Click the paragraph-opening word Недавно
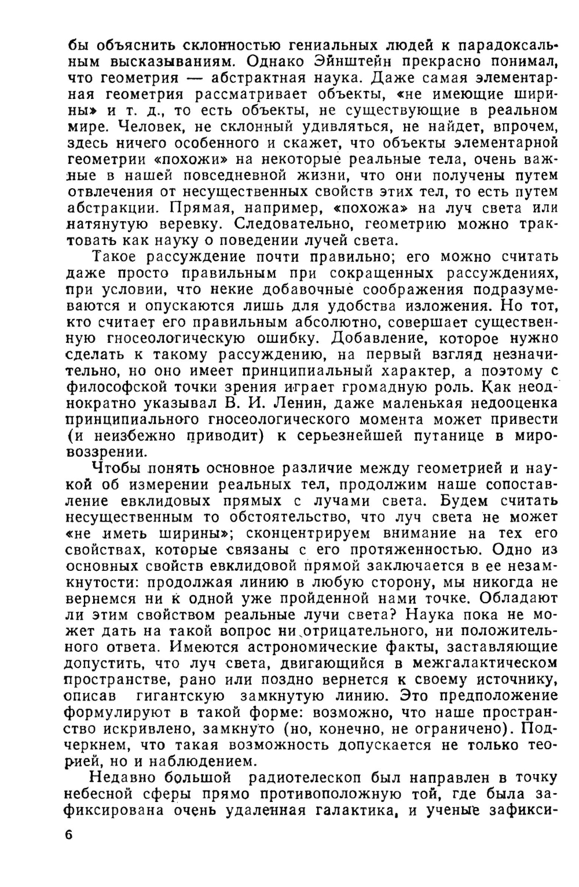tap(126, 777)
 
